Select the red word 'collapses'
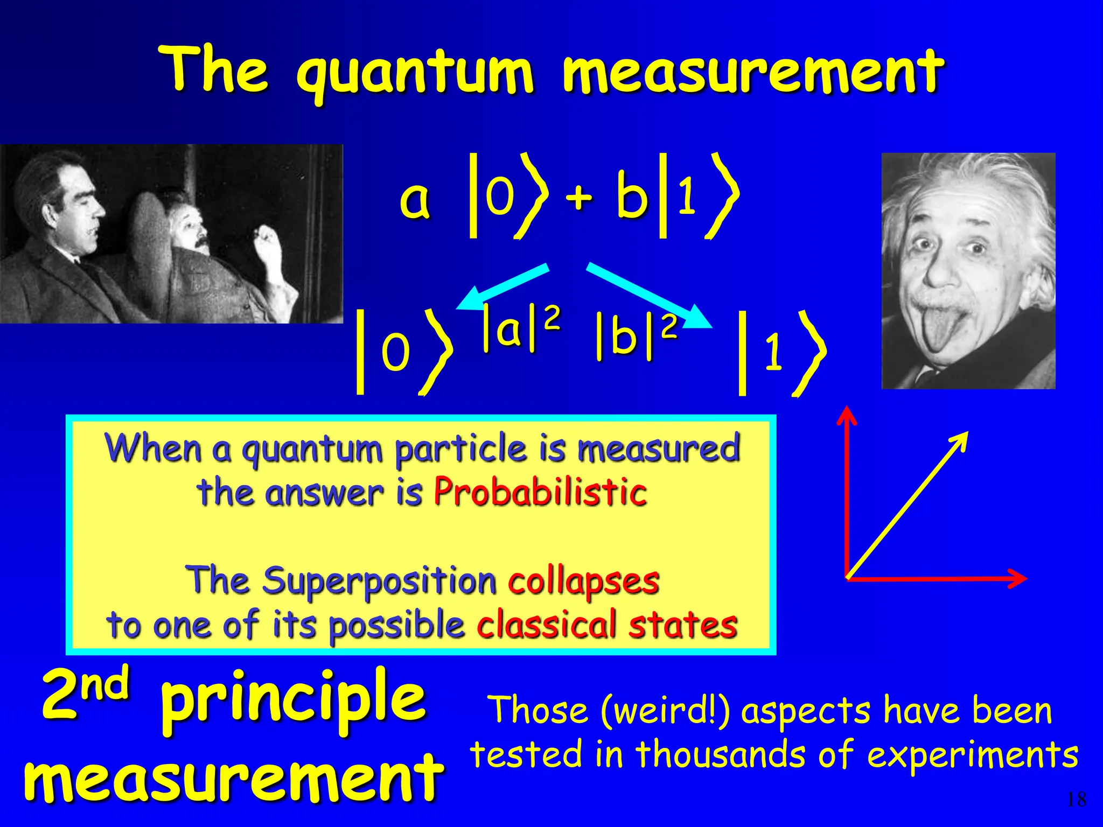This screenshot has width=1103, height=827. pyautogui.click(x=583, y=581)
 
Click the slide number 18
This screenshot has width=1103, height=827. pyautogui.click(x=1076, y=800)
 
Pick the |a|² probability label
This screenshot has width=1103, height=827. pyautogui.click(x=520, y=328)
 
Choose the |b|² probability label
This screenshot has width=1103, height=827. pyautogui.click(x=636, y=337)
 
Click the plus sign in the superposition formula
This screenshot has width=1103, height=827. pyautogui.click(x=578, y=197)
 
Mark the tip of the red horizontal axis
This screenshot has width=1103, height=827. pyautogui.click(x=1023, y=578)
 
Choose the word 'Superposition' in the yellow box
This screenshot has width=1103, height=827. pyautogui.click(x=379, y=581)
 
